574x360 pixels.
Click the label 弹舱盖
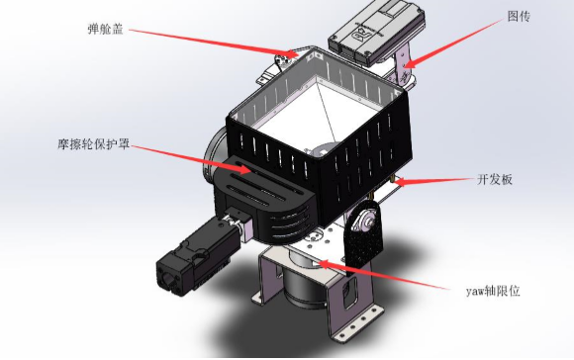pyautogui.click(x=106, y=29)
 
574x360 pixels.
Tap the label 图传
pyautogui.click(x=519, y=16)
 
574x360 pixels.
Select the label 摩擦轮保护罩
pyautogui.click(x=94, y=144)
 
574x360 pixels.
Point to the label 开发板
pyautogui.click(x=495, y=179)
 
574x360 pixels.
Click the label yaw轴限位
pyautogui.click(x=493, y=291)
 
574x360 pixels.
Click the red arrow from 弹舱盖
pyautogui.click(x=214, y=44)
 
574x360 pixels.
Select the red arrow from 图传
pyautogui.click(x=454, y=44)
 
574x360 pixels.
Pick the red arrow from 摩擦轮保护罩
pyautogui.click(x=191, y=159)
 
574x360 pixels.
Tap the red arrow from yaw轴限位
pyautogui.click(x=384, y=275)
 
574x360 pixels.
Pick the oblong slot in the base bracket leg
pyautogui.click(x=349, y=292)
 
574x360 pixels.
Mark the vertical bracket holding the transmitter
pyautogui.click(x=402, y=66)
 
